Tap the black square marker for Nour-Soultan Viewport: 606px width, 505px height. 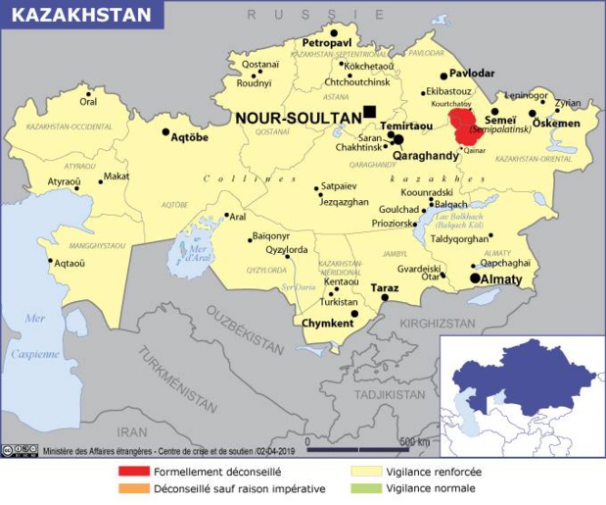click(369, 111)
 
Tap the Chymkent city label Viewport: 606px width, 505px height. click(328, 323)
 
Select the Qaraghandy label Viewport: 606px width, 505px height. click(426, 156)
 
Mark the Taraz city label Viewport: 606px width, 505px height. click(386, 288)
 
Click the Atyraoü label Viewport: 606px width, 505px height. click(65, 181)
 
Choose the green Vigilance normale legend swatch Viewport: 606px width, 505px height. click(365, 487)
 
